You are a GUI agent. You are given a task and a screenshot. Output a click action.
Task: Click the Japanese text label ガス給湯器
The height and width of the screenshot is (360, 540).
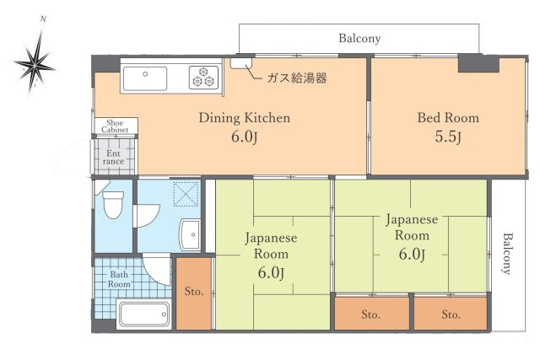point(296,78)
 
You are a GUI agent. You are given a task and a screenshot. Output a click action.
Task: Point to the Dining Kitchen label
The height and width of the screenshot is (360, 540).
point(244,118)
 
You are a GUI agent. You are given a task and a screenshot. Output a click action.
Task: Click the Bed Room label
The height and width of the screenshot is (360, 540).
point(448,118)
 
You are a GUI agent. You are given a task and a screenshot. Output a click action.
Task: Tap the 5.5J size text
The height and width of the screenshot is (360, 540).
point(448,137)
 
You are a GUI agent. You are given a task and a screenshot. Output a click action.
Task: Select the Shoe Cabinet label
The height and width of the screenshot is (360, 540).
point(115,126)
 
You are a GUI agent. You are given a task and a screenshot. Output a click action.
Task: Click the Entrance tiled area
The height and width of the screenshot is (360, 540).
point(114,158)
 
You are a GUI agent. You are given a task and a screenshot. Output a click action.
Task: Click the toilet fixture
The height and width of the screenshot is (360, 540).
point(112,204)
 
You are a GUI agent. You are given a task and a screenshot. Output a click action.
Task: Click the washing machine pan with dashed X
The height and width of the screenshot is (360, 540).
point(184,194)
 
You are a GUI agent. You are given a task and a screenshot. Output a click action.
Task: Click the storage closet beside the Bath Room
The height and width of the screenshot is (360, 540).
point(193,293)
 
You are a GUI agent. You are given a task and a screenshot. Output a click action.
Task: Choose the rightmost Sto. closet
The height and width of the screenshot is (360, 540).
point(450,314)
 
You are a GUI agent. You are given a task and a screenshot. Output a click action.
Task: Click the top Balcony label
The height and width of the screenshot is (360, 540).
point(359,38)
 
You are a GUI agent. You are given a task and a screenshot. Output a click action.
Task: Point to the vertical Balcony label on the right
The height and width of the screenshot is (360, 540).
point(506,253)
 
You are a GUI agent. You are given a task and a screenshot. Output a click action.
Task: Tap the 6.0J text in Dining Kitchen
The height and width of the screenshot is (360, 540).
point(244,137)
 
